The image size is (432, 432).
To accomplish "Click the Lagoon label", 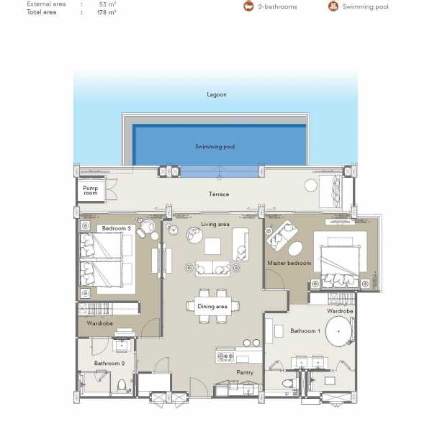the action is point(217,94).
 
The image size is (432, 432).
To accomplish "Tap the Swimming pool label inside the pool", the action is point(215,147).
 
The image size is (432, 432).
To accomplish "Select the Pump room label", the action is point(91,190).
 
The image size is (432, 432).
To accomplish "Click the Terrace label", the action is point(219,194).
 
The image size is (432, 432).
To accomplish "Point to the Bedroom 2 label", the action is point(116,228).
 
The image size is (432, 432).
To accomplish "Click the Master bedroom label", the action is point(289,263).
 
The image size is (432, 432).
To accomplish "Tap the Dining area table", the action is point(212,306).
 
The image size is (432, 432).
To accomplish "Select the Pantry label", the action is point(245,372).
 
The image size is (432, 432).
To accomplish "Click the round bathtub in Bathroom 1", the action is point(338,331).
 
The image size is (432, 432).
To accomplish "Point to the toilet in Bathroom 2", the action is point(122,385).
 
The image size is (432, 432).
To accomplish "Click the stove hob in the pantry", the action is point(225,356).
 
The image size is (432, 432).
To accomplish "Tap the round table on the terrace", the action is point(311,186).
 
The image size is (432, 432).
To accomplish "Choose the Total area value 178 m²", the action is point(107,12).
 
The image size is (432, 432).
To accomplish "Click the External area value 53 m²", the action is point(107,4).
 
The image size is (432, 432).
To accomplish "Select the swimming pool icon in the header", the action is point(333,6).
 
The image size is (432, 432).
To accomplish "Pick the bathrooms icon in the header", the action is point(248,6).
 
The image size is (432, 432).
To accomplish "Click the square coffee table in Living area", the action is point(212,246).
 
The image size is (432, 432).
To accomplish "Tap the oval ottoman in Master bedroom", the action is point(295,248).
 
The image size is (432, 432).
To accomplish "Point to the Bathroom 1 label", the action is point(305,331).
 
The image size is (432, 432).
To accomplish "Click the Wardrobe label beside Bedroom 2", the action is point(100,323).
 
